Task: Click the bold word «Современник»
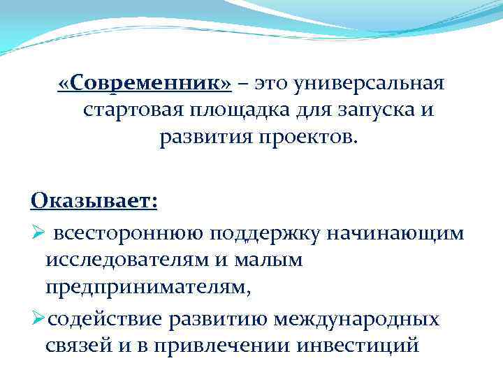(x=145, y=84)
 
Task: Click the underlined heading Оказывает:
(x=94, y=201)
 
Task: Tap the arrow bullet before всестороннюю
(x=38, y=232)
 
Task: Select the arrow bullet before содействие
(x=38, y=319)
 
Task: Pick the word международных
(x=357, y=319)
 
